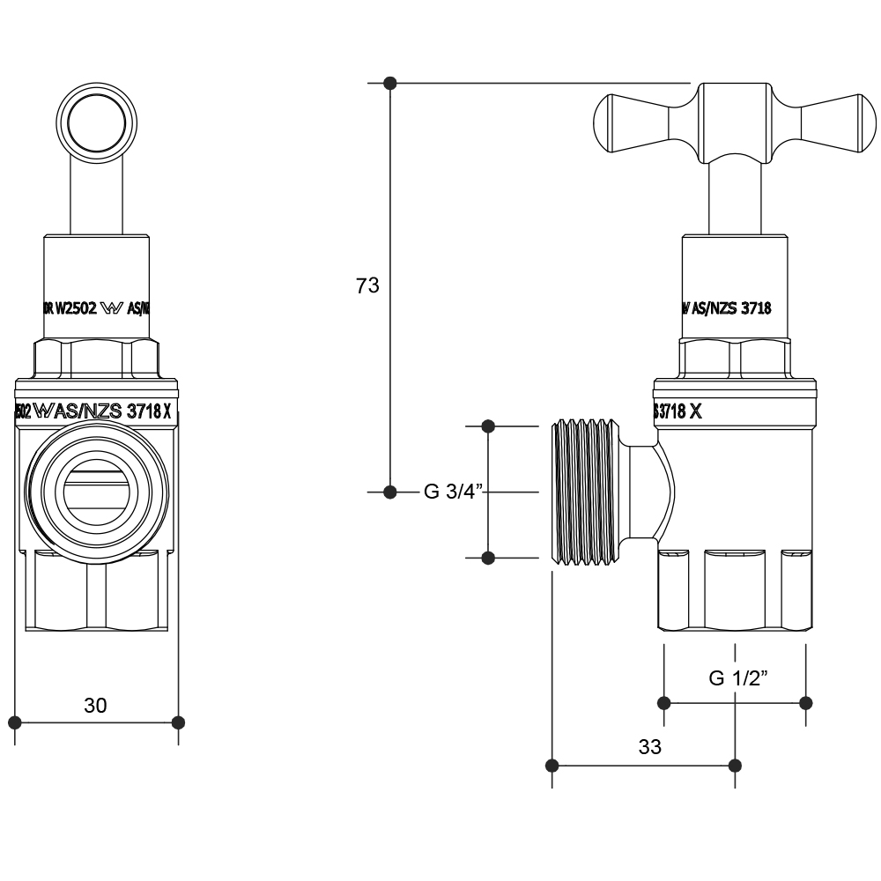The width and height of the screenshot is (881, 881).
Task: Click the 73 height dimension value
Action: coord(367,285)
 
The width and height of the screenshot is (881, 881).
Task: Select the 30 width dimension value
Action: coord(95,705)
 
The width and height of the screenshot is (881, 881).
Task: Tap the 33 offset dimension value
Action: coord(649,747)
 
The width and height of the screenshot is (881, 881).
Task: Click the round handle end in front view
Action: coord(95,121)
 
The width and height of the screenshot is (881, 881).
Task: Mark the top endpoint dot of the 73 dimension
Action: coord(390,84)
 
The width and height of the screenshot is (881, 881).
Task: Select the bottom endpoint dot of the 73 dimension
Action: coord(390,492)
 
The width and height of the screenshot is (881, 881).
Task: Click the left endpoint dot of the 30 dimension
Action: coord(15,722)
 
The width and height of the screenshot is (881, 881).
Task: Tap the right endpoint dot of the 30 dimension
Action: coord(178,722)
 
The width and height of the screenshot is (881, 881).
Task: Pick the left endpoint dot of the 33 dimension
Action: coord(553,765)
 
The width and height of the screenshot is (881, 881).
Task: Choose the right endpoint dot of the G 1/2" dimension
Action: coord(805,702)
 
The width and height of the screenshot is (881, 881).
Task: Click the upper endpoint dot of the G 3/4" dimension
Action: coord(490,427)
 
